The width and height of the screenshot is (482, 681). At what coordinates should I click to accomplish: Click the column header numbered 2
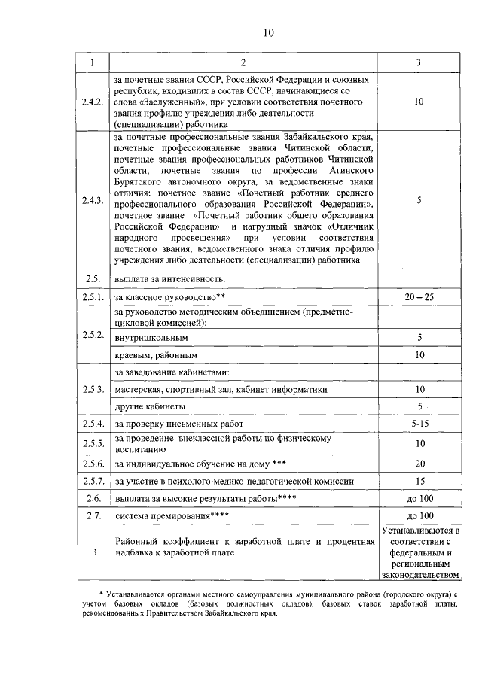pyautogui.click(x=243, y=62)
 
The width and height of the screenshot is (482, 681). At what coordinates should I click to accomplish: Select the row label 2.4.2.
pyautogui.click(x=94, y=101)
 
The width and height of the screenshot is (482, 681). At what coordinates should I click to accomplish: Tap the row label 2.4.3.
pyautogui.click(x=94, y=200)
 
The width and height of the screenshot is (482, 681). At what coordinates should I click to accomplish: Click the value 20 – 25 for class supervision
pyautogui.click(x=419, y=297)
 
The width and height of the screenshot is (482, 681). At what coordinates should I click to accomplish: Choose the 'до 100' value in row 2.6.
pyautogui.click(x=419, y=498)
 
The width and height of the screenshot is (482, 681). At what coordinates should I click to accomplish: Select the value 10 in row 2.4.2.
pyautogui.click(x=419, y=101)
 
